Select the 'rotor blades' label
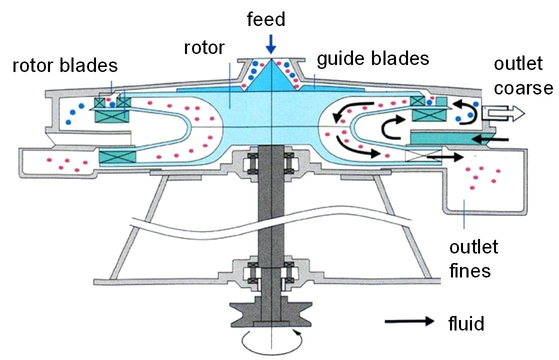click(64, 65)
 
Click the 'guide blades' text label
click(373, 58)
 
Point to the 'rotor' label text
click(204, 48)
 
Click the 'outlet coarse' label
click(522, 75)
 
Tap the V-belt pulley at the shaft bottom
click(270, 310)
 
